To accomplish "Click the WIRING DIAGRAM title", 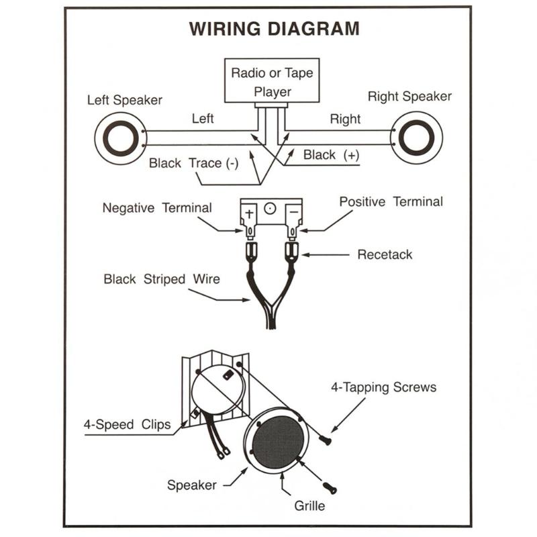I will point(274,30).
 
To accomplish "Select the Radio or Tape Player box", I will point(273,81).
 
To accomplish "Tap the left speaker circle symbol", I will point(119,137).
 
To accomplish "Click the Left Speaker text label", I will point(125,101).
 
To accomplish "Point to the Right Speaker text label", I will point(409,97).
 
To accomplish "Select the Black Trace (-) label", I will point(194,163).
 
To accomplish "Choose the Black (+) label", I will point(331,155).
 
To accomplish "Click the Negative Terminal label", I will point(157,208).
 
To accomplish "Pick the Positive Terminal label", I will point(391,201).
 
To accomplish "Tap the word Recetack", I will point(385,254).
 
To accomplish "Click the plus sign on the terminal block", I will point(249,213).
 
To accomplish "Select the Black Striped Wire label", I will point(162,279).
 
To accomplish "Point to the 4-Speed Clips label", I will point(127,424).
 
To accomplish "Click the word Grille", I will point(309,505).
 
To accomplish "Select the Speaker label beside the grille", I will point(192,485).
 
